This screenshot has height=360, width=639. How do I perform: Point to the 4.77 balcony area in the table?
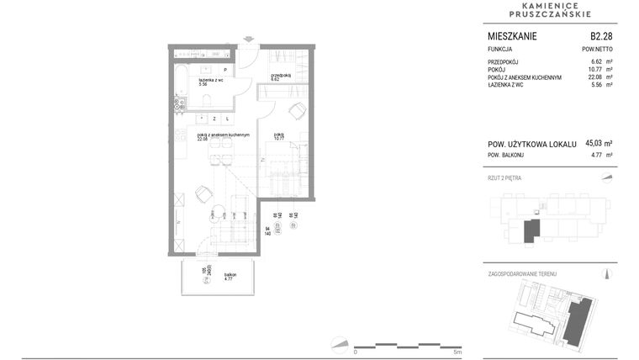[596, 156]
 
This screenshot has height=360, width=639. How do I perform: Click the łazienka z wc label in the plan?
[209, 81]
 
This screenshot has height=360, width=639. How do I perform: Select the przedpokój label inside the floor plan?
[281, 76]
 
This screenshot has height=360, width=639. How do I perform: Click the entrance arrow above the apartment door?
[249, 38]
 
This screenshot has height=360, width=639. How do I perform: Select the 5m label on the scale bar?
[457, 352]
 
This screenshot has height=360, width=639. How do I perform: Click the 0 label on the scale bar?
[355, 352]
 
